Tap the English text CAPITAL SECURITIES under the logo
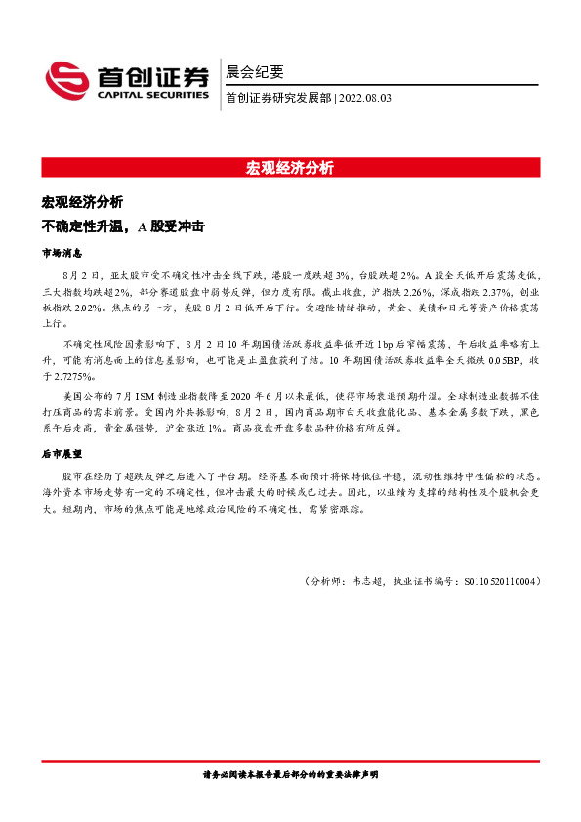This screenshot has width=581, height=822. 151,96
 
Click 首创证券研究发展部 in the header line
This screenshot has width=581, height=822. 277,98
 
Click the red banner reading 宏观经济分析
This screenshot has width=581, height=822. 290,167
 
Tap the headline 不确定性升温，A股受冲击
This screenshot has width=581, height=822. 122,226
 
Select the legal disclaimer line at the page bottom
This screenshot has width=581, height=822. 289,774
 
